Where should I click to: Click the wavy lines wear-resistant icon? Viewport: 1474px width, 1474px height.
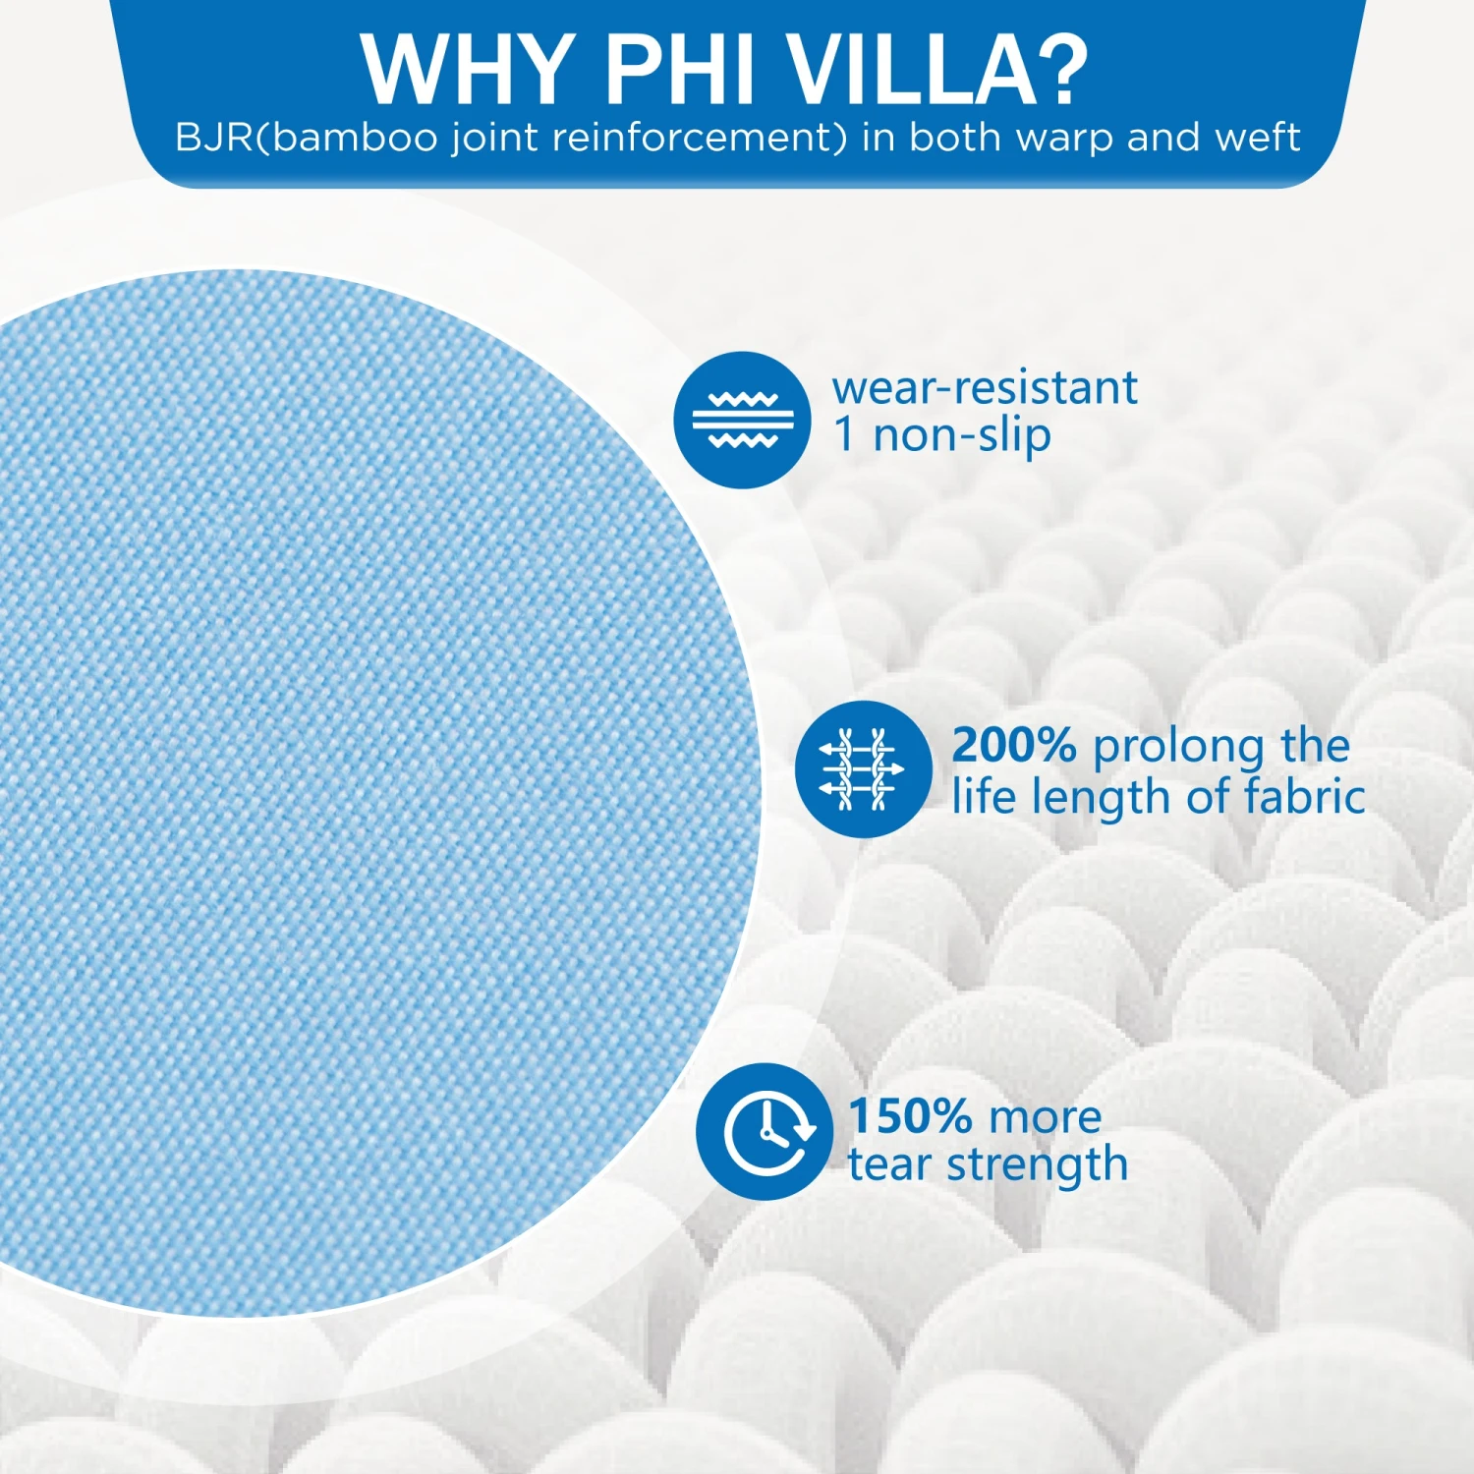pyautogui.click(x=742, y=420)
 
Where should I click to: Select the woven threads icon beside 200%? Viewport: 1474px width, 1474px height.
pyautogui.click(x=863, y=768)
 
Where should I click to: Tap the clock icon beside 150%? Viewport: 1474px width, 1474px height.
pyautogui.click(x=765, y=1131)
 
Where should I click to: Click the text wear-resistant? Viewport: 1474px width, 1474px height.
pyautogui.click(x=985, y=387)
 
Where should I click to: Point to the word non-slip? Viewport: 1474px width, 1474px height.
pyautogui.click(x=962, y=435)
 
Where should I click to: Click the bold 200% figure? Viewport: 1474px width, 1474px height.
pyautogui.click(x=1014, y=745)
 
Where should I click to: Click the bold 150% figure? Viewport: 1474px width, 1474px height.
pyautogui.click(x=910, y=1116)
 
